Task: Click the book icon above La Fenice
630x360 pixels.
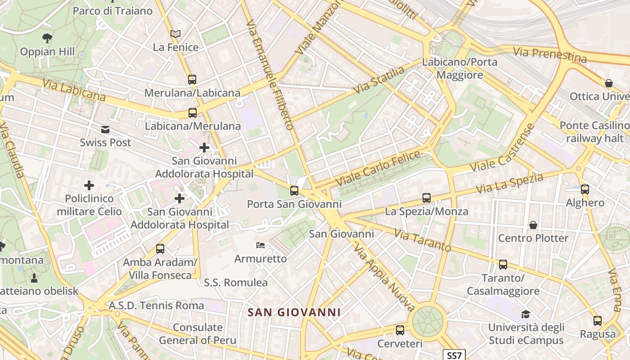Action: tap(175, 34)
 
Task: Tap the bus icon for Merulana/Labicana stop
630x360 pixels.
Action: tap(192, 80)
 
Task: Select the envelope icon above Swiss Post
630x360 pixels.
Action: tap(105, 130)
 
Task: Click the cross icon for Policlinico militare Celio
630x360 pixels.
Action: tap(89, 185)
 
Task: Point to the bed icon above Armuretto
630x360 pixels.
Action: tap(261, 245)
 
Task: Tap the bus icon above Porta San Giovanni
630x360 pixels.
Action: tap(294, 191)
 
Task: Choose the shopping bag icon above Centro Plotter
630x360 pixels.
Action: tap(533, 225)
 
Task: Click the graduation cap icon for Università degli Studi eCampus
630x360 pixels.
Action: tap(526, 314)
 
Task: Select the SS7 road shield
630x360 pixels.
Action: tap(454, 355)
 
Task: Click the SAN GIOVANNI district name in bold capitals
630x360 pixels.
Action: tap(295, 312)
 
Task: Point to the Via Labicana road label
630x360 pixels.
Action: tap(74, 90)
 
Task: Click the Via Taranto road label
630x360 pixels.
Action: tap(423, 240)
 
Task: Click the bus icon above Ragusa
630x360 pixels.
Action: tap(598, 321)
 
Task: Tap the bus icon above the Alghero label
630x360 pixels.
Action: tap(585, 189)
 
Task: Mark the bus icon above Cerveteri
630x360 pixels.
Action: tap(400, 330)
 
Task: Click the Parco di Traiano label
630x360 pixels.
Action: tap(113, 11)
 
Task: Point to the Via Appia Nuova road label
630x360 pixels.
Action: tap(383, 278)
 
